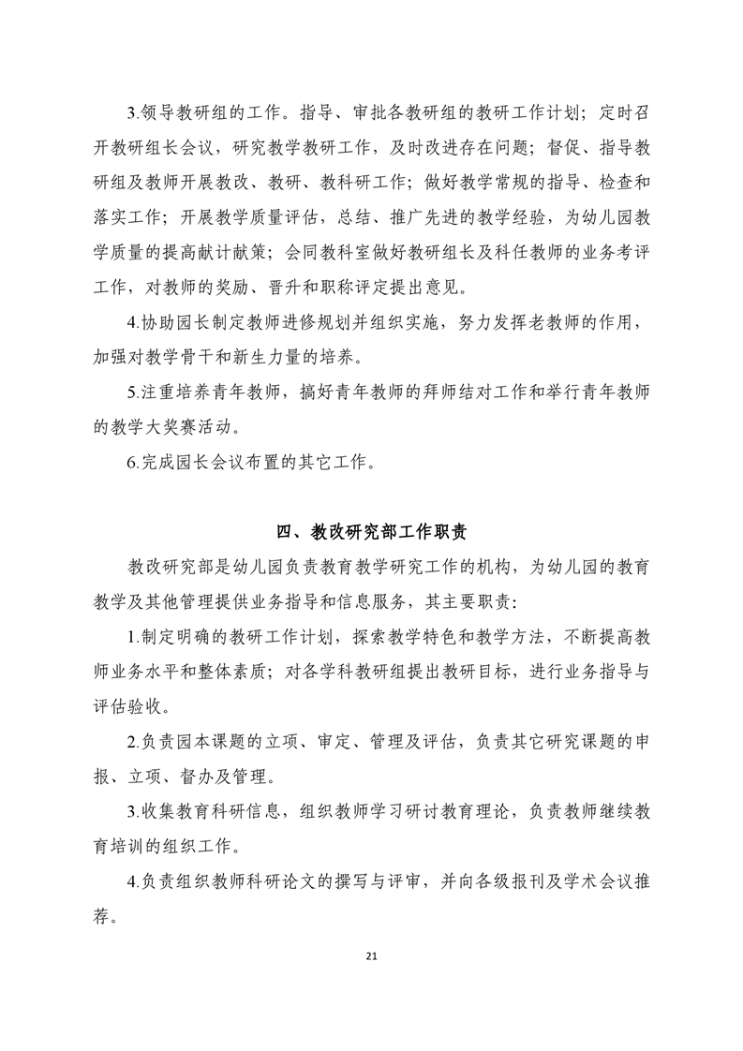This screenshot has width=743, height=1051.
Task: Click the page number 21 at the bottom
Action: pos(372,955)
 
